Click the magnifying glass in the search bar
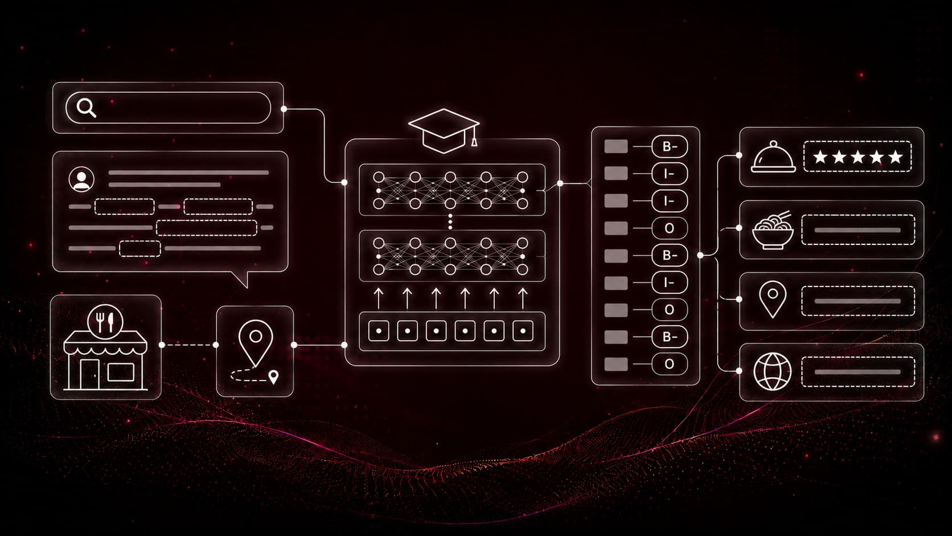(86, 108)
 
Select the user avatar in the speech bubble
(81, 179)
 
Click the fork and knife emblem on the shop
(105, 322)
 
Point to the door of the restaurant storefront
(89, 374)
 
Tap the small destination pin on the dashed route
(274, 377)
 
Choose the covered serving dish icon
(773, 157)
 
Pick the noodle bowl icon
(773, 230)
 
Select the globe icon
(772, 371)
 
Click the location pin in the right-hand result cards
(773, 300)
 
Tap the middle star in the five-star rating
(857, 157)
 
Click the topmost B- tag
(670, 146)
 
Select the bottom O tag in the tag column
(670, 365)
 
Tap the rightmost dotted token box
(523, 331)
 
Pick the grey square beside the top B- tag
(616, 146)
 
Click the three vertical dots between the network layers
(450, 222)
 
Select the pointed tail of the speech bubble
(242, 279)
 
